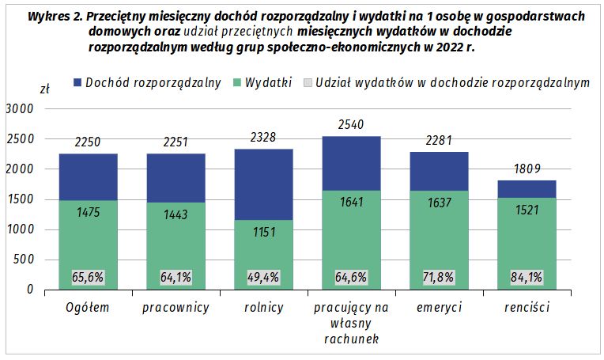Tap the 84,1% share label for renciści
(527, 278)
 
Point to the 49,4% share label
(264, 278)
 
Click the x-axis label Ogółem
(88, 307)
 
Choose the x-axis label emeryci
(440, 307)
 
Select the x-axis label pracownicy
(176, 307)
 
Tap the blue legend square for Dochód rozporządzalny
(77, 83)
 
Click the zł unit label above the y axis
(44, 89)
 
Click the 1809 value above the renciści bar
(527, 169)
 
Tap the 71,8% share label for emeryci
(440, 278)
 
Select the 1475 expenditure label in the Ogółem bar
(88, 212)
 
